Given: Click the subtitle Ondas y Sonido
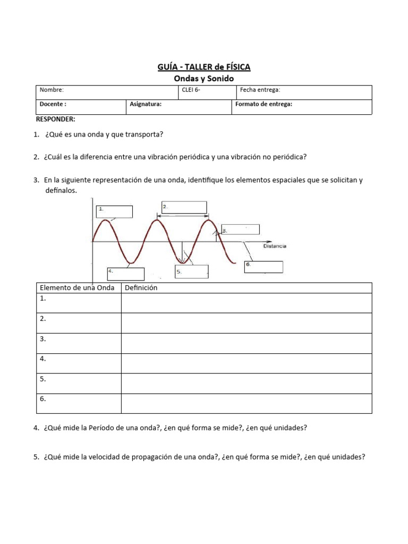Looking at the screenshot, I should click(x=203, y=78).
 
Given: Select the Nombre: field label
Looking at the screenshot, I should click(x=52, y=90).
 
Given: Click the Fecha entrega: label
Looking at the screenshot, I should click(x=260, y=90).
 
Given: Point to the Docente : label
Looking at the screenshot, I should click(x=53, y=105).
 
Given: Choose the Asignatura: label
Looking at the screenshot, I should click(x=146, y=105).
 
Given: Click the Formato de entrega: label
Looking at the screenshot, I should click(x=263, y=105).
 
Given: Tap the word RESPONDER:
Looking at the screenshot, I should click(x=56, y=119).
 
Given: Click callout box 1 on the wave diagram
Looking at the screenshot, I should click(x=114, y=211).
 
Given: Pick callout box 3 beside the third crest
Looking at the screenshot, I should click(x=240, y=229).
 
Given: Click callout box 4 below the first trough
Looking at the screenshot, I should click(x=126, y=274).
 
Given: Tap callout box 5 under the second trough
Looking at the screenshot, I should click(x=191, y=271).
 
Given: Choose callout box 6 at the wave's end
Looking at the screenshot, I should click(x=263, y=267).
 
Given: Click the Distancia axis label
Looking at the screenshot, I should click(x=275, y=246).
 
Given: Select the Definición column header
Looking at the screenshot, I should click(x=141, y=288).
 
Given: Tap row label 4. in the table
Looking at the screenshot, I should click(x=43, y=359).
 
